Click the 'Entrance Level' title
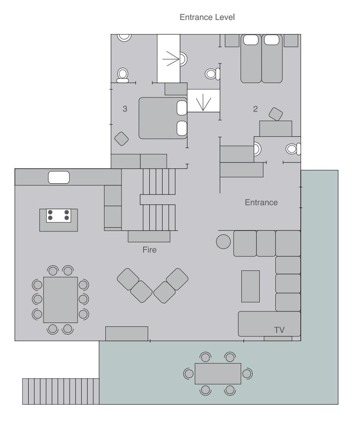pos(207,17)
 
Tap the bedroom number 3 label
pos(125,109)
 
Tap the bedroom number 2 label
pos(255,109)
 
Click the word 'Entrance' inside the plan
pos(261,202)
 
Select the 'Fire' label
pos(149,250)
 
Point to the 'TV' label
pos(279,330)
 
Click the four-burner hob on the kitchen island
pos(58,216)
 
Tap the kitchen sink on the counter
pos(59,177)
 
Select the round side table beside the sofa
pos(224,241)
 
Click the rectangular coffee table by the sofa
pos(251,286)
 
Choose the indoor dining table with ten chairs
pos(61,300)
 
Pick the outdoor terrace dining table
pos(218,374)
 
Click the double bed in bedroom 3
pos(163,118)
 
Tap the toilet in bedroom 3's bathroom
pos(122,75)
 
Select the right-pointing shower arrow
pos(171,58)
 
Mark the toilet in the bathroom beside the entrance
pos(293,149)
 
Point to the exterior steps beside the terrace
pos(61,391)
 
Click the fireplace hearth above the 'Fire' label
pos(149,236)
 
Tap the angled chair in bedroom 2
pos(276,114)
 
